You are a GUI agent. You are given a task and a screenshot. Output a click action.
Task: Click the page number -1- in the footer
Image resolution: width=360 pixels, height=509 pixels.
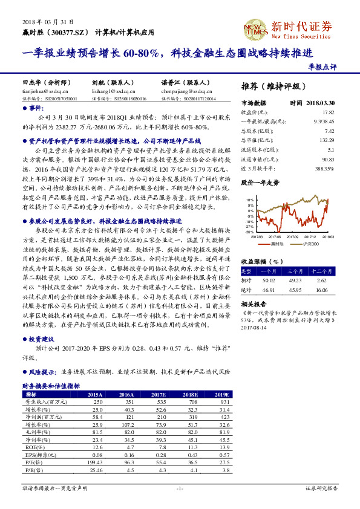(x=179, y=488)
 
